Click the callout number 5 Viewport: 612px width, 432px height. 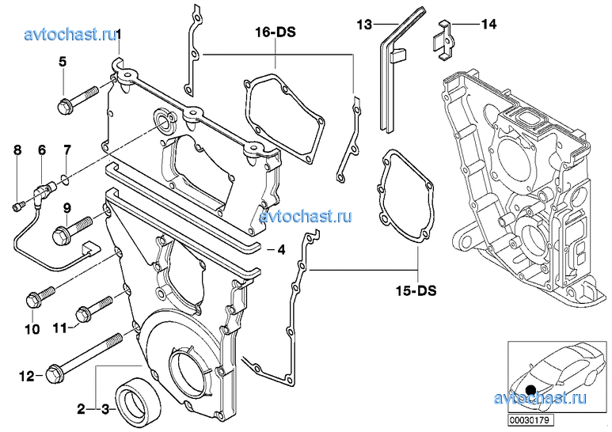coord(62,61)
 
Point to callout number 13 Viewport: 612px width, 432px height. coord(363,25)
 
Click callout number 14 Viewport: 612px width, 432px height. coord(488,25)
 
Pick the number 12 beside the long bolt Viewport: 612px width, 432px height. coord(27,377)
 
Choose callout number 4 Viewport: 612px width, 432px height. coord(278,250)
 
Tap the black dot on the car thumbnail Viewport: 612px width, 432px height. coord(530,388)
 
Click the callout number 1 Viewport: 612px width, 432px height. coord(117,33)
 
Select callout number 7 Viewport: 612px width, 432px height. coord(67,150)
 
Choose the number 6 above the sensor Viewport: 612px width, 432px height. coord(42,150)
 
